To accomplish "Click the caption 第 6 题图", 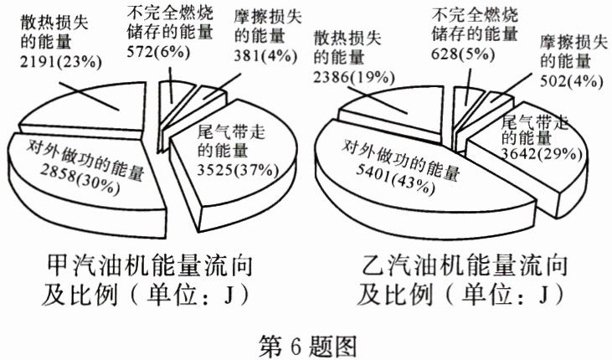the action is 307,343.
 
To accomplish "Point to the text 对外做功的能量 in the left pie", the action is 75,153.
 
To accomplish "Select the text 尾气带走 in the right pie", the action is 536,122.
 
